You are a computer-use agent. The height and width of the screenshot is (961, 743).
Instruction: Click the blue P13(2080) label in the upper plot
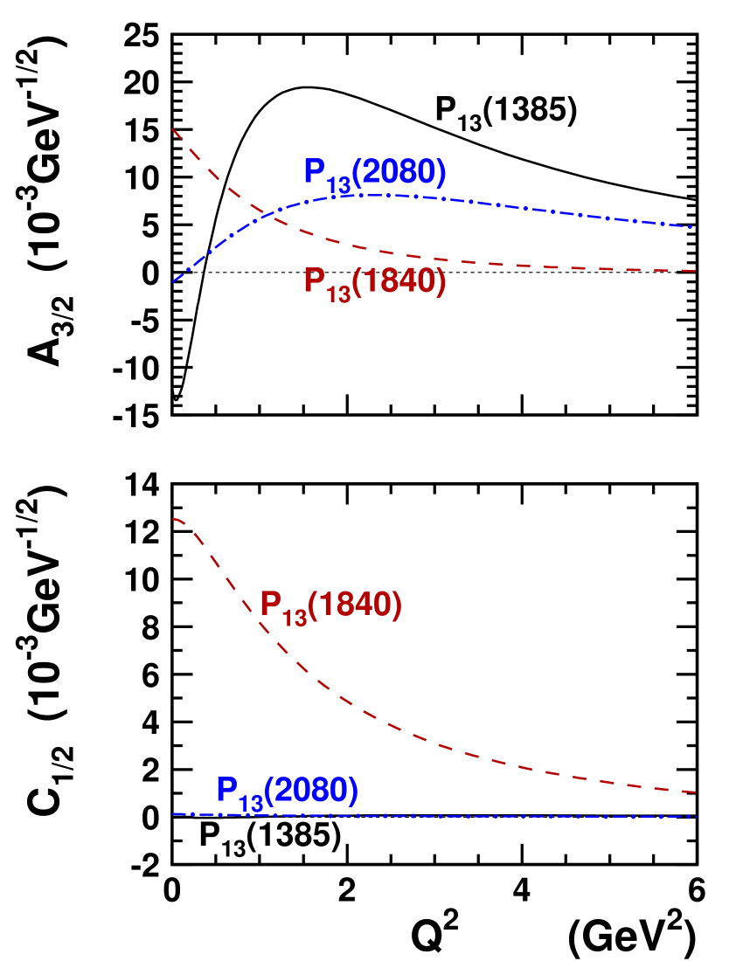[x=375, y=174]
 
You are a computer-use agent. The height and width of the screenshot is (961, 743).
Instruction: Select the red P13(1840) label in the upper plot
[x=375, y=283]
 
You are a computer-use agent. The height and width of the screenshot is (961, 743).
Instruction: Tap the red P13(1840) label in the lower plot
[x=331, y=605]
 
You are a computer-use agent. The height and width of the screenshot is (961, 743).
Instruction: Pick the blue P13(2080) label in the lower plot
[x=288, y=792]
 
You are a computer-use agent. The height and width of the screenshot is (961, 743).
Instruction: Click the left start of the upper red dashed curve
[x=173, y=129]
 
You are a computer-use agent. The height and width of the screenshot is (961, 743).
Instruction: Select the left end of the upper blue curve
[x=173, y=282]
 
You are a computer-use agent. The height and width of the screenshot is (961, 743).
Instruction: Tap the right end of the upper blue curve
[x=694, y=227]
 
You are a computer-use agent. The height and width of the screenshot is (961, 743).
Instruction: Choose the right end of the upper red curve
[x=694, y=271]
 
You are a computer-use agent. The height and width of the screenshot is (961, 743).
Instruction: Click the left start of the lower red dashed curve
[x=173, y=519]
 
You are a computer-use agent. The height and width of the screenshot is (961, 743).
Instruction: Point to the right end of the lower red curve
[x=694, y=792]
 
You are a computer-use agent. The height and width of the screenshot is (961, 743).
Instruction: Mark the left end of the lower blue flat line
[x=173, y=814]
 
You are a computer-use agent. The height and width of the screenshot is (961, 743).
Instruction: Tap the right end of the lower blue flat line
[x=694, y=817]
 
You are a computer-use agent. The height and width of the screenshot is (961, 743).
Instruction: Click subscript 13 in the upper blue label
[x=339, y=184]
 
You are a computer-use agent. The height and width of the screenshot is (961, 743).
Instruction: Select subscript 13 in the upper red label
[x=339, y=294]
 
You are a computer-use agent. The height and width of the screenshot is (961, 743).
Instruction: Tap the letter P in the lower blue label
[x=227, y=790]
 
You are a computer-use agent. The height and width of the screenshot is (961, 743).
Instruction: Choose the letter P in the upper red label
[x=315, y=281]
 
